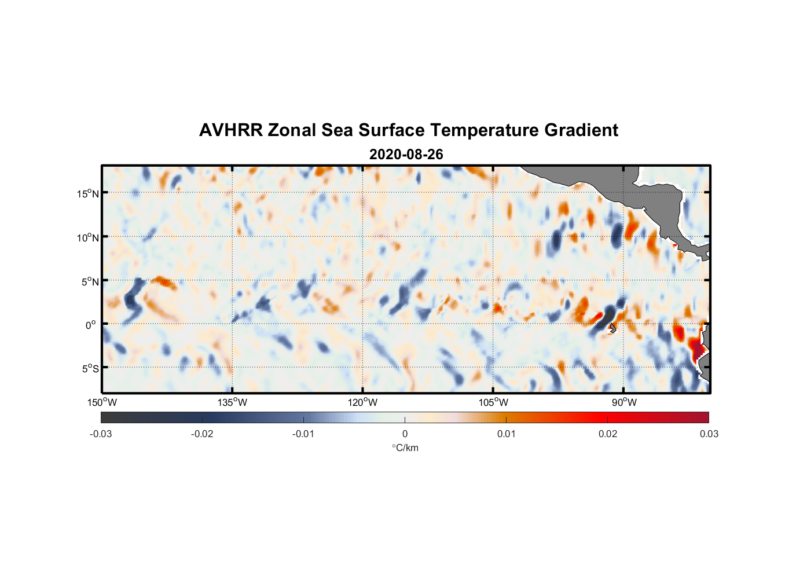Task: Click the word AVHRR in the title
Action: point(230,130)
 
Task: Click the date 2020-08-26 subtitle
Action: point(406,155)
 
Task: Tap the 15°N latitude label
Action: point(88,193)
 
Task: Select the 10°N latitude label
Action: point(88,237)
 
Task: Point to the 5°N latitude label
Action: point(90,281)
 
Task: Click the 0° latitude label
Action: point(91,325)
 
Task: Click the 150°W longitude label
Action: point(102,402)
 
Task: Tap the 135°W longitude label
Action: point(233,402)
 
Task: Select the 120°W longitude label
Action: point(363,402)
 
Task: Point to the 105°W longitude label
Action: point(493,402)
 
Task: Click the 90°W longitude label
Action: point(624,402)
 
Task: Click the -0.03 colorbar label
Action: point(101,434)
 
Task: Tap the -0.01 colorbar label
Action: point(303,434)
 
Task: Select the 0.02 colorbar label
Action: point(608,434)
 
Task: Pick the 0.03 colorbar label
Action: point(709,434)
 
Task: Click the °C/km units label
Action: point(405,448)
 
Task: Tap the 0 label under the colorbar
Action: point(405,434)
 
